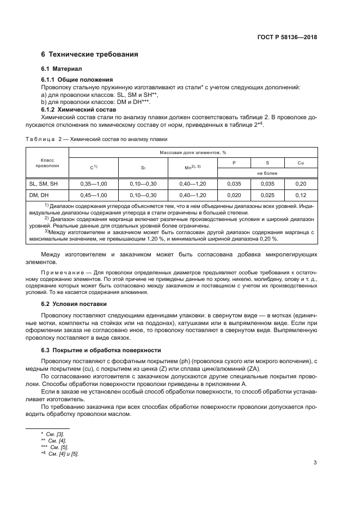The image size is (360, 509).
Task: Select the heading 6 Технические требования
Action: [89, 54]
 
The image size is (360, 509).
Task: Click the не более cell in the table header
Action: [266, 173]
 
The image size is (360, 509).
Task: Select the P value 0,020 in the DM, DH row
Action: [234, 194]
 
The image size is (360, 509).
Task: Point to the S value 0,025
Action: [267, 194]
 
